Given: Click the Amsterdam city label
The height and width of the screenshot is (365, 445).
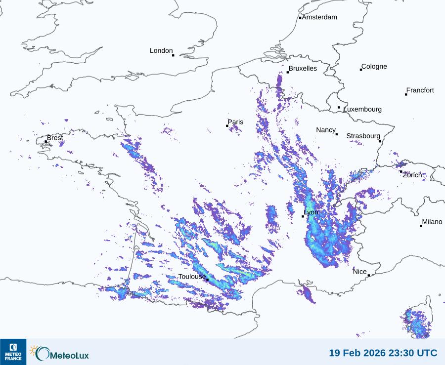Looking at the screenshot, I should (x=319, y=17).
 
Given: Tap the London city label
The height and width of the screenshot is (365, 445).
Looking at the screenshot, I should (x=161, y=51).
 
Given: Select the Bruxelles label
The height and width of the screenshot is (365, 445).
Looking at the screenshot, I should (x=303, y=69).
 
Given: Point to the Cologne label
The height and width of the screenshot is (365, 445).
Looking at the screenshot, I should (x=374, y=67).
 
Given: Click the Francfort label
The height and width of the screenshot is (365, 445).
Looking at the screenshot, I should (x=420, y=90).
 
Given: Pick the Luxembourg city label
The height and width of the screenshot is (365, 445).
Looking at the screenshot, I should (x=362, y=109).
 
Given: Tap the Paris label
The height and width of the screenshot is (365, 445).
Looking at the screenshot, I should (x=236, y=122).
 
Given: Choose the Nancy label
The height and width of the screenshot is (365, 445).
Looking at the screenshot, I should (x=326, y=130).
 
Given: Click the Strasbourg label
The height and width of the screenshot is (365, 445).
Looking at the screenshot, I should (x=363, y=136).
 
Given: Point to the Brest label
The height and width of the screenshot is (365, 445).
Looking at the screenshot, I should (x=55, y=138).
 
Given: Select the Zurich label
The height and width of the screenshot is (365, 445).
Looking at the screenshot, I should (x=412, y=175).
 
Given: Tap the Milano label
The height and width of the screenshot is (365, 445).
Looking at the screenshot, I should (x=432, y=222).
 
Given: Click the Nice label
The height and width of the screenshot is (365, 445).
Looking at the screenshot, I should (x=360, y=272).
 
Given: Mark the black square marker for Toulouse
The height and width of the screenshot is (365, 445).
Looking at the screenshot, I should (x=207, y=280).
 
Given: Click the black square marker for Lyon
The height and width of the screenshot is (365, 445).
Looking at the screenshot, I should (x=303, y=216).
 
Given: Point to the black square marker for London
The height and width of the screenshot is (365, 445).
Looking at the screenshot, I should (x=173, y=55).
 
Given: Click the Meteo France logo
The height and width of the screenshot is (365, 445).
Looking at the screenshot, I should (x=13, y=352).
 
